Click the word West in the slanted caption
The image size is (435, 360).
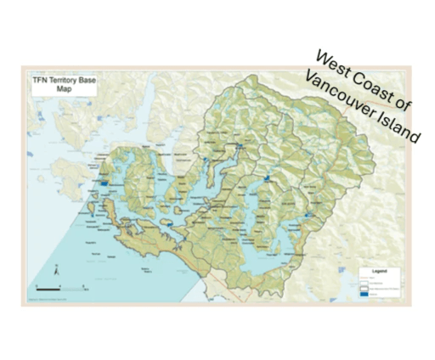pos(333,65)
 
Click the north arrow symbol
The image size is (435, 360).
pos(54,273)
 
